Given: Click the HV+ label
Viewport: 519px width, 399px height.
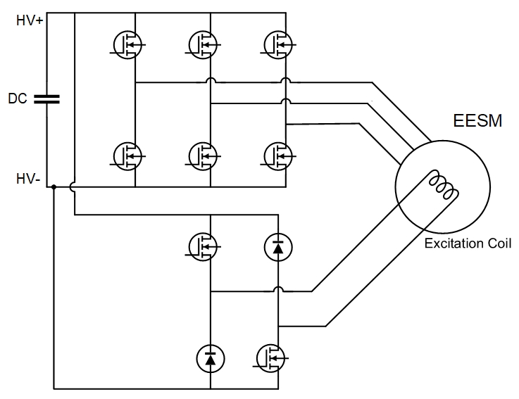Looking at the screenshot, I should tap(30, 21).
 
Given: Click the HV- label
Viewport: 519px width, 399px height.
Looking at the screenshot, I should tap(29, 180).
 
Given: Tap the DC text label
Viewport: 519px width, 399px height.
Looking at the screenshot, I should tap(17, 99).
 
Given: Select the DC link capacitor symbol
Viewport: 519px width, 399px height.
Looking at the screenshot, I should tap(47, 99).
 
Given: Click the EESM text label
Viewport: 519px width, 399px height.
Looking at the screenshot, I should tap(477, 120).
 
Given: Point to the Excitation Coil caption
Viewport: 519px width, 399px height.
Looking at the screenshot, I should tap(467, 244).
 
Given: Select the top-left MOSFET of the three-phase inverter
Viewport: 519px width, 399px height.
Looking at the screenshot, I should tap(127, 46).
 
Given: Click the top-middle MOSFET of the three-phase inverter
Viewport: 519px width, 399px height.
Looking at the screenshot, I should tap(204, 46).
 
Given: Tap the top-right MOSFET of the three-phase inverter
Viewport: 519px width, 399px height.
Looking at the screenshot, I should tap(279, 46).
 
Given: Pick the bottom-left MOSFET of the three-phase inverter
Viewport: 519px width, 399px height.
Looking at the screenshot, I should tap(127, 154).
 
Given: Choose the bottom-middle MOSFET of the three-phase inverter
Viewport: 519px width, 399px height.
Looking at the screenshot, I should tap(204, 154).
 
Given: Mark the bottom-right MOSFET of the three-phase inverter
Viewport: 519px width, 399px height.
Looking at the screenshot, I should tap(279, 154).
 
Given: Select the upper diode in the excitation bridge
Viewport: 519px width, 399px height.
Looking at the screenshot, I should tap(278, 246).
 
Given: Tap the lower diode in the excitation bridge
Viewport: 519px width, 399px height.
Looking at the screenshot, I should tap(210, 358).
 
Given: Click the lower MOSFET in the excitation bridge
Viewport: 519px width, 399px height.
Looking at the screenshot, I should tap(273, 358).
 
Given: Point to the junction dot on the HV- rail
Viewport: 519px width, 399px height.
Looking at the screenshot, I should tap(54, 188).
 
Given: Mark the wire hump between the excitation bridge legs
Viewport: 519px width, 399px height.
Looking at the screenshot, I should tap(279, 290).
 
